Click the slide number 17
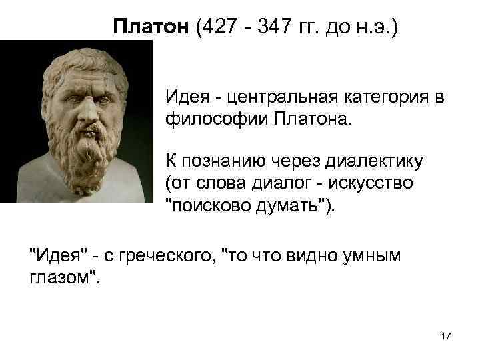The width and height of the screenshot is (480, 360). coord(446,337)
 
